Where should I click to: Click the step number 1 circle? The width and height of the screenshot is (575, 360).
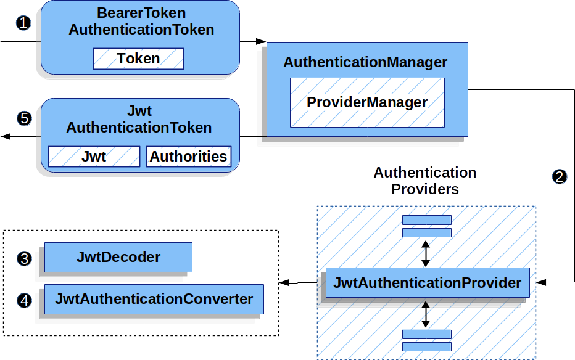pos(23,23)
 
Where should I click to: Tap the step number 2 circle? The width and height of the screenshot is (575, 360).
pos(559,177)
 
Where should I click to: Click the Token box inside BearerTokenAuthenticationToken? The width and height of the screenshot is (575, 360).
pos(138,59)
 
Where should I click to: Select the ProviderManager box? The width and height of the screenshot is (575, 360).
pos(367,102)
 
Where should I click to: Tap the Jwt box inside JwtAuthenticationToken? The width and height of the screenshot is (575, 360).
pos(94,157)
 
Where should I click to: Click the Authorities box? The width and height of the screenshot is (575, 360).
pos(188,157)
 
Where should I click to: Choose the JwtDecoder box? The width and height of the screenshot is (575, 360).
pos(118,257)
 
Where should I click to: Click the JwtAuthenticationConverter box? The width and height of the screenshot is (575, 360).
pos(154,299)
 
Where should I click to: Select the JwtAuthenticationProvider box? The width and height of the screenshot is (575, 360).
pos(427,283)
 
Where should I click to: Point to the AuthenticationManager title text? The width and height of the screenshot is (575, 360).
pos(365,62)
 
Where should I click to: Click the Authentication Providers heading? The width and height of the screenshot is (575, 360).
pos(424,181)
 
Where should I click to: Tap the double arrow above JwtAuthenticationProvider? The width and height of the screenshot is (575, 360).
pos(424,253)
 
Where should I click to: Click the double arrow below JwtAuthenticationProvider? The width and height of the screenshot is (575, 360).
pos(424,314)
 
